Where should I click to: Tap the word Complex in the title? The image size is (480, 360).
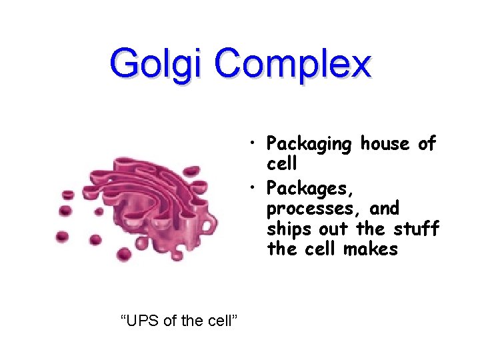pyautogui.click(x=293, y=65)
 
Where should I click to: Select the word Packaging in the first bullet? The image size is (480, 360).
pyautogui.click(x=309, y=144)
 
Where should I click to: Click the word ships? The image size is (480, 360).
pyautogui.click(x=287, y=229)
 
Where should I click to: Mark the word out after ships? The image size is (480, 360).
pyautogui.click(x=336, y=229)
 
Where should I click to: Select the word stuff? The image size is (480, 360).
pyautogui.click(x=417, y=229)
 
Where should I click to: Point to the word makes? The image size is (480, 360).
pyautogui.click(x=371, y=249)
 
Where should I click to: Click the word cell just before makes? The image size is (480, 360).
pyautogui.click(x=319, y=249)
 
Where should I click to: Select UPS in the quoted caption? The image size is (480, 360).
pyautogui.click(x=143, y=321)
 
